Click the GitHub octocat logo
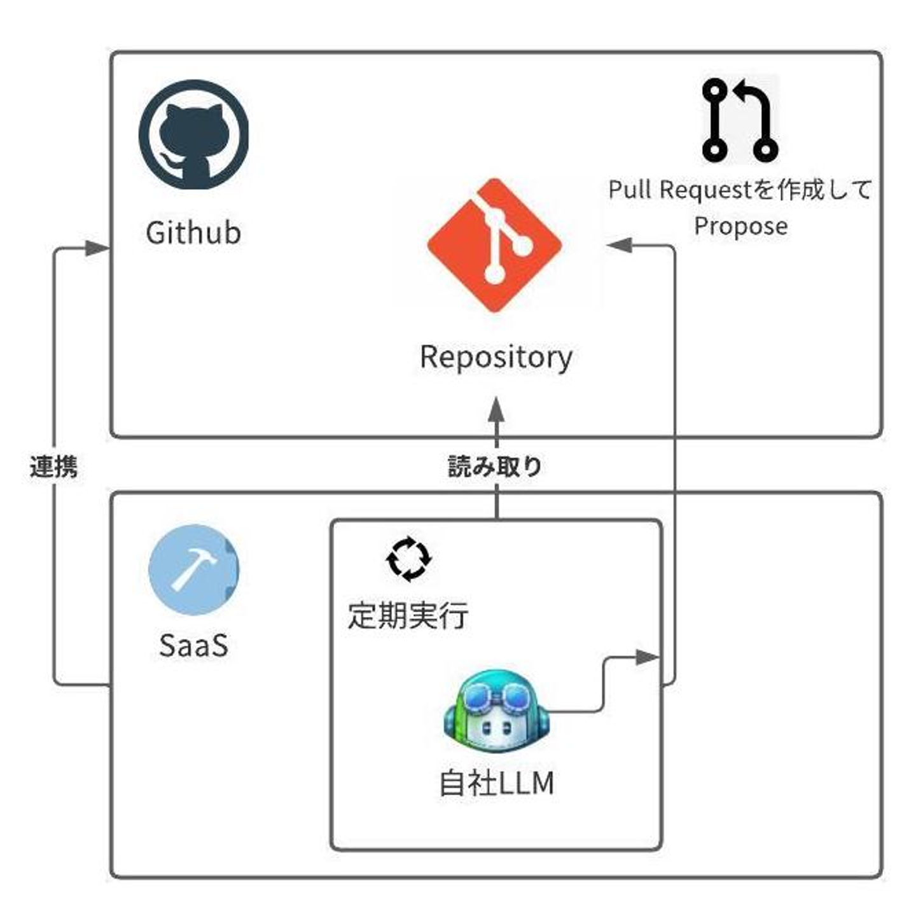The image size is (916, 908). (x=193, y=134)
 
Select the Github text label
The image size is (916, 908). (x=193, y=233)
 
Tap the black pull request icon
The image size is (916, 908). (x=740, y=120)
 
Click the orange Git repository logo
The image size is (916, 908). (x=495, y=246)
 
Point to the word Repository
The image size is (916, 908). (x=496, y=357)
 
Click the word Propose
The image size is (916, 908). (x=740, y=226)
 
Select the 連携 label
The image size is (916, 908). (x=54, y=467)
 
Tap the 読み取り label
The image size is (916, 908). (x=495, y=467)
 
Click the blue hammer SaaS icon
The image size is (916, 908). (x=193, y=569)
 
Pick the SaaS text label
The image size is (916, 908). (x=193, y=646)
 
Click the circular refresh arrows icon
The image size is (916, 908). (x=409, y=559)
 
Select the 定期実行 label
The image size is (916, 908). (x=408, y=616)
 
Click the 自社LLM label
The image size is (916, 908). (x=497, y=783)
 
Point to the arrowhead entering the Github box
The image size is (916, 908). (x=98, y=249)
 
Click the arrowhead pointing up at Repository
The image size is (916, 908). (x=496, y=410)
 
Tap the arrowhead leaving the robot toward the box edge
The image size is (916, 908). (x=648, y=657)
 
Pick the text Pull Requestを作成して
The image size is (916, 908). (x=740, y=190)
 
